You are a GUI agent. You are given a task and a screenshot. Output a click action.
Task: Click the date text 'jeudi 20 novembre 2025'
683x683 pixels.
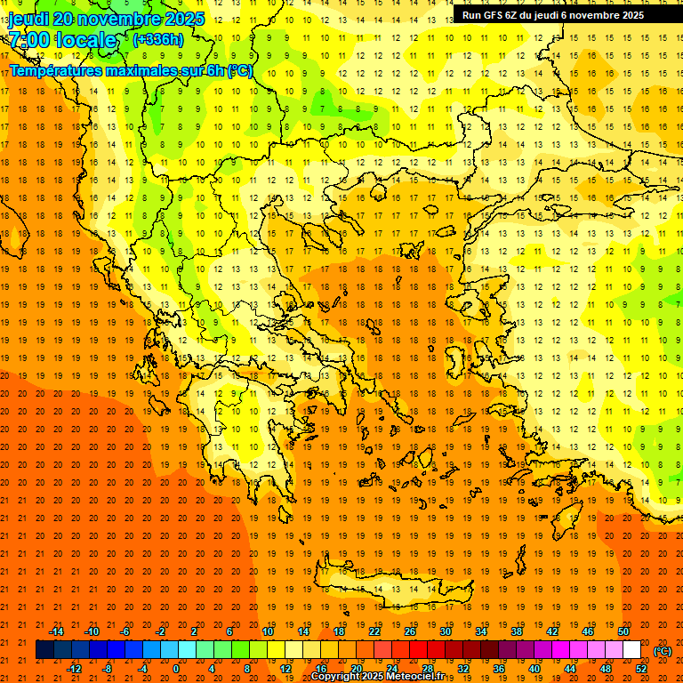[x=106, y=19]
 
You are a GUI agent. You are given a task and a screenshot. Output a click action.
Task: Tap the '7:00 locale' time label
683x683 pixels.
[x=62, y=40]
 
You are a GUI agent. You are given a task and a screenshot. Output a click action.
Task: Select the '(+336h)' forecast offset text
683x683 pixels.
[x=158, y=40]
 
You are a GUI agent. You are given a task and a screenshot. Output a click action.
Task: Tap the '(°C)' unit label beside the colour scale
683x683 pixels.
[x=663, y=651]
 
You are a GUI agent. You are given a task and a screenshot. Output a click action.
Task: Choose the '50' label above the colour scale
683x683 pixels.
[x=623, y=631]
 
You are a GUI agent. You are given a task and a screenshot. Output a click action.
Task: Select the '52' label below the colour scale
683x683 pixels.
[x=641, y=669]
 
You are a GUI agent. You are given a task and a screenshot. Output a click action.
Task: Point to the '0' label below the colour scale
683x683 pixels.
[x=176, y=669]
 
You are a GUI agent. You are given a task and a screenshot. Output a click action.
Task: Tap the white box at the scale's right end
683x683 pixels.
[x=631, y=650]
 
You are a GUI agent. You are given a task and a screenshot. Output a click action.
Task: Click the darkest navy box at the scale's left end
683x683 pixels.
[x=44, y=650]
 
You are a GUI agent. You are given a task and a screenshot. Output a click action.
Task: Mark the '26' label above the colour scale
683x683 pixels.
[x=410, y=631]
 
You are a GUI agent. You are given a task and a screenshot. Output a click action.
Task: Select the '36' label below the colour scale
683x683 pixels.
[x=499, y=669]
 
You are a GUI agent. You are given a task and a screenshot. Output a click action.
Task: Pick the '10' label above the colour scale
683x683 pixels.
[x=268, y=631]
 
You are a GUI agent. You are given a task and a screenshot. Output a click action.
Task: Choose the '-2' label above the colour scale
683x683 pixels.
[x=160, y=631]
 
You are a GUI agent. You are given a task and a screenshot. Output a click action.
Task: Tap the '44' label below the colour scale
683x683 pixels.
[x=570, y=669]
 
